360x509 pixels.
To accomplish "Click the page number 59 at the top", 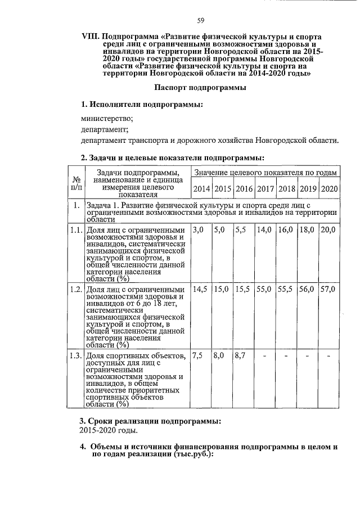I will point(200,21).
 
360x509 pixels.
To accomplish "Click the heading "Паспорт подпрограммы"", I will point(200,88).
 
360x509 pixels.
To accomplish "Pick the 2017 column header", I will point(265,188).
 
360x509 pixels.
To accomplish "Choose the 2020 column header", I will point(328,188).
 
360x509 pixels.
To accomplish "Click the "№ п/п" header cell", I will point(75,182).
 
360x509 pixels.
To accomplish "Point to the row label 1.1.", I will point(75,230).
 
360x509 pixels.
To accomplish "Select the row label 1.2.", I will point(75,290).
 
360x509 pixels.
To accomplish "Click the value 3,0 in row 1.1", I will point(198,230).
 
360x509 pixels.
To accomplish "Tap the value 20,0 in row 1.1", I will point(328,230).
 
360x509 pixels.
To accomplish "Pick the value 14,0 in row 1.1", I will point(264,230).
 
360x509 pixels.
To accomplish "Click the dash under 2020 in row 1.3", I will point(328,356).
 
